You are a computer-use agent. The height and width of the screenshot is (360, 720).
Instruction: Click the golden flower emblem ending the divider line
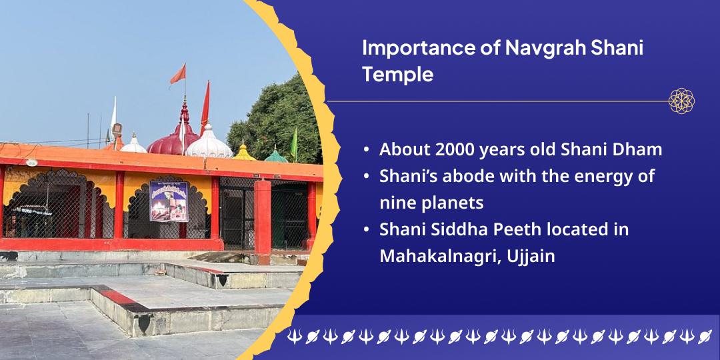point(681,101)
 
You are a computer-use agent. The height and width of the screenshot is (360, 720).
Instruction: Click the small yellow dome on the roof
point(244,153)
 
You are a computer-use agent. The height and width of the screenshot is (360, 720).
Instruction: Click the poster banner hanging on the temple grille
point(169,201)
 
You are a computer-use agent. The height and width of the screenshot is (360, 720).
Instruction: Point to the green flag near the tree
point(294,143)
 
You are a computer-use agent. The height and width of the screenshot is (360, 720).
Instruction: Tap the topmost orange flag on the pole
point(178,75)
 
